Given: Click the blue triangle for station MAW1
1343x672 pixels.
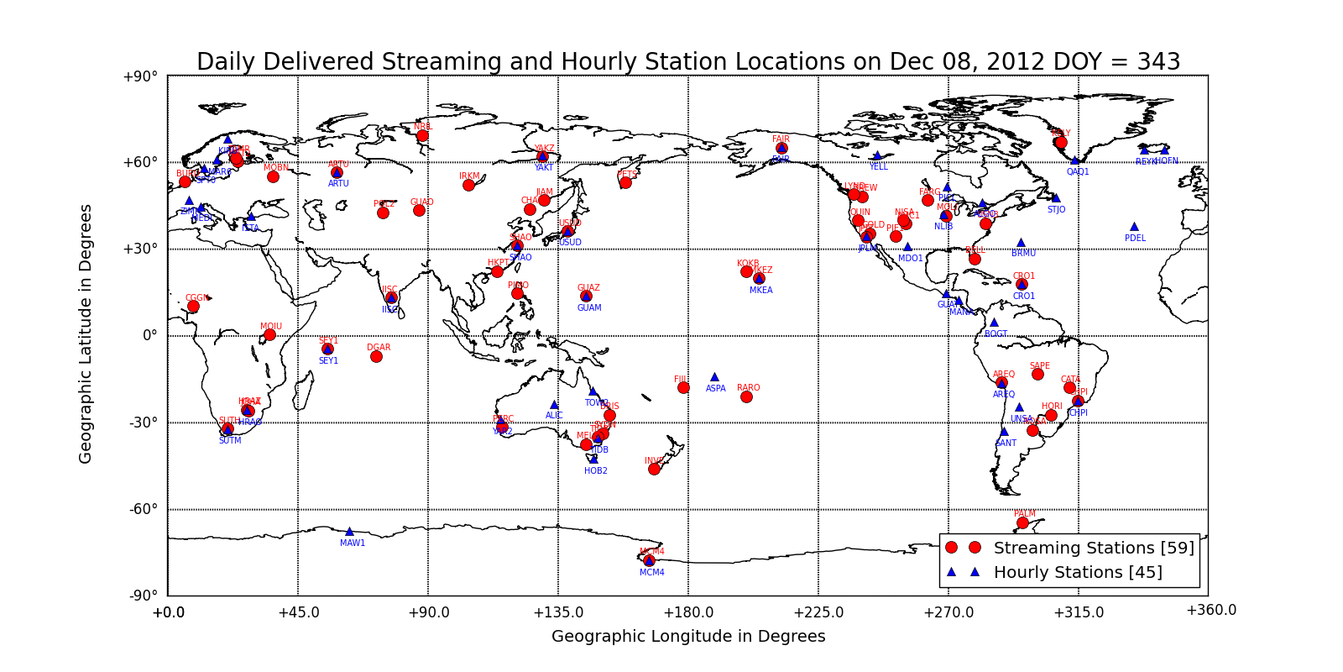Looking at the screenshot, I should point(349,531).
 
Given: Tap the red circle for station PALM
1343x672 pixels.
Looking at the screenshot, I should point(1022,522).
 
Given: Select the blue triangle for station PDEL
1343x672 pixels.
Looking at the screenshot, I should point(1134,226).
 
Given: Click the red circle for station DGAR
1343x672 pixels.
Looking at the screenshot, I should point(376,356).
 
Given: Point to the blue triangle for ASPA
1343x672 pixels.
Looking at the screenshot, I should point(714,377).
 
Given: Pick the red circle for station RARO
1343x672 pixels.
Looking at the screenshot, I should point(746,396).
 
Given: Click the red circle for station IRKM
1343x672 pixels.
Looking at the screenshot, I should point(468,185).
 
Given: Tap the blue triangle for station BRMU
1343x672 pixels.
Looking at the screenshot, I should point(1021,242).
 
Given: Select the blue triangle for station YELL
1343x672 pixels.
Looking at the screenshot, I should point(877,155).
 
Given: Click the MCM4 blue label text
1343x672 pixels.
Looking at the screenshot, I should point(651,573).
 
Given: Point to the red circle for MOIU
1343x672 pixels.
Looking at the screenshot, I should point(269,334).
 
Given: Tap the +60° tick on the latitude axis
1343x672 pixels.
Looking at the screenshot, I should point(140,162).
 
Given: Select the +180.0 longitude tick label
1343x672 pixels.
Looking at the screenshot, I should point(688,612).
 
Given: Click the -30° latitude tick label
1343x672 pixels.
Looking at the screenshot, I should point(142,423).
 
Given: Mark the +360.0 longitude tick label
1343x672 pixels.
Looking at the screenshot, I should point(1210,610).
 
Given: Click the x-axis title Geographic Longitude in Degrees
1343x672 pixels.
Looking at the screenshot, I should point(688,636).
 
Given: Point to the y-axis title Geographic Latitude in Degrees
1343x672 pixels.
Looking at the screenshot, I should point(86,333).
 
